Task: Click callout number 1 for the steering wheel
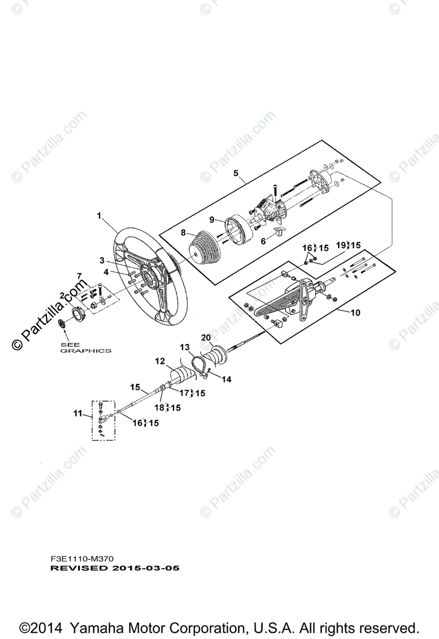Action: [x=99, y=216]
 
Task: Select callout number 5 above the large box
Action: [x=236, y=174]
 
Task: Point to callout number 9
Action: [x=211, y=219]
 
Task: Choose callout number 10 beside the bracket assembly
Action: [x=355, y=313]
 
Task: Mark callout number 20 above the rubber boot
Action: [x=206, y=338]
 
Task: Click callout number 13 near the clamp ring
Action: [x=184, y=347]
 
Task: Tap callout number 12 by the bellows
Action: [x=160, y=361]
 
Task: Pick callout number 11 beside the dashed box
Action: [x=78, y=413]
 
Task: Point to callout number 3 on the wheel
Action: [x=102, y=260]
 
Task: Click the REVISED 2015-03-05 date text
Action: [x=115, y=568]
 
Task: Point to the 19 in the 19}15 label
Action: [x=340, y=245]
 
